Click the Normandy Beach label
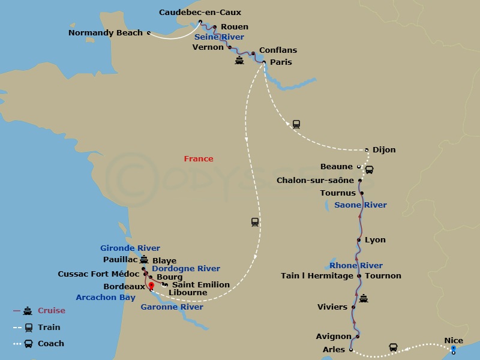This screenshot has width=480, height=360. [106, 33]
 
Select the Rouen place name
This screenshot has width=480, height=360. [234, 27]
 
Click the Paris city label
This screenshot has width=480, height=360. [281, 62]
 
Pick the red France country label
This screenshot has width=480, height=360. [199, 159]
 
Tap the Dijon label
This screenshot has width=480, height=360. [384, 150]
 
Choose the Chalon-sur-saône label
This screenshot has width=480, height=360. [315, 181]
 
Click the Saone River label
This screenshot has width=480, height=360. [360, 205]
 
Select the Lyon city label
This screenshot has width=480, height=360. [375, 240]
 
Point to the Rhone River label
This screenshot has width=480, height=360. [356, 266]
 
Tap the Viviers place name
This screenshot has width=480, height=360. [332, 307]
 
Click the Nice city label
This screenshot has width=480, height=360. [454, 341]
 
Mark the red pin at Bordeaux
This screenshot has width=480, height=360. [151, 286]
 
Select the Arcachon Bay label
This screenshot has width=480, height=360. [106, 298]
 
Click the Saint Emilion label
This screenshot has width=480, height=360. [200, 285]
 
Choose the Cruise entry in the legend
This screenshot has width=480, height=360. [51, 311]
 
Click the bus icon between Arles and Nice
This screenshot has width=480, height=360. [393, 347]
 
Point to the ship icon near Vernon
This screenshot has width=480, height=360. [239, 61]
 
